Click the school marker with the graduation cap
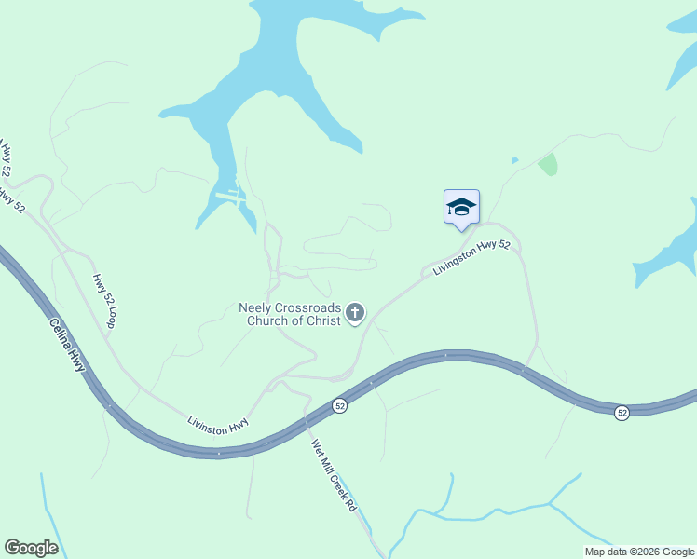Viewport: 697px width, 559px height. point(461,208)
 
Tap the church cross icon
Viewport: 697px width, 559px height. point(355,313)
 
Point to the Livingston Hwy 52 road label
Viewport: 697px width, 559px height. point(471,258)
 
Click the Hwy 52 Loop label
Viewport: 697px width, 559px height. point(103,301)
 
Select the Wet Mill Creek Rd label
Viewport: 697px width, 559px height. point(334,475)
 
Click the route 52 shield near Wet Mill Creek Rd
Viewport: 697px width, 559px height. point(340,406)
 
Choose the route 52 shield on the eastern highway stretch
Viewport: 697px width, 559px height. point(622,412)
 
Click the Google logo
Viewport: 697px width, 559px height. point(31,547)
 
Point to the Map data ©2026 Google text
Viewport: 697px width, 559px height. point(638,552)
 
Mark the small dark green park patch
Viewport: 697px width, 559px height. point(548,165)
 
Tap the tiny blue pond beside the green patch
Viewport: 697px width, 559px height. point(514,160)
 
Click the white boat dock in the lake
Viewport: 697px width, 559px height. point(229,196)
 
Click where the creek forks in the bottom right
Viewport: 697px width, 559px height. point(550,504)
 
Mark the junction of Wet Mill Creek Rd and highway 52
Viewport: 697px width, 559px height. point(307,422)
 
